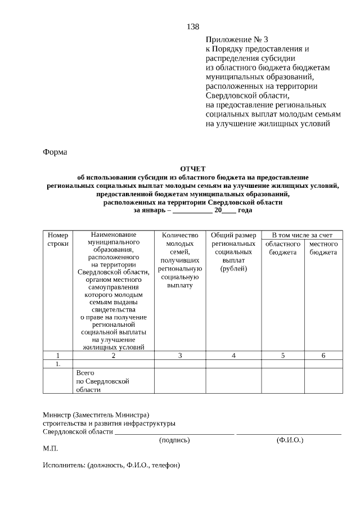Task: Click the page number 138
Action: [192, 27]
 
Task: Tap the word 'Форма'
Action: [55, 152]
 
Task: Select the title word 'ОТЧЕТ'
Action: [193, 169]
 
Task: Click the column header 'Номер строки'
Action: [58, 240]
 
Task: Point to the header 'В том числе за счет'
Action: [302, 235]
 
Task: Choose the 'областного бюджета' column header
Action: [282, 248]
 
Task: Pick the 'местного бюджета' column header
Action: [323, 248]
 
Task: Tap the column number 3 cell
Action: [180, 355]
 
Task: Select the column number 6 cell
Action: [323, 355]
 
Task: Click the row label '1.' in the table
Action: [58, 364]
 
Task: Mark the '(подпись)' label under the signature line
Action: [174, 440]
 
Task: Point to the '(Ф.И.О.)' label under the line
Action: [290, 440]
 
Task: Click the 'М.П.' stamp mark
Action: [50, 449]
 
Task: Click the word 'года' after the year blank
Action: [245, 210]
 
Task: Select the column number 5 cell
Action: [282, 355]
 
